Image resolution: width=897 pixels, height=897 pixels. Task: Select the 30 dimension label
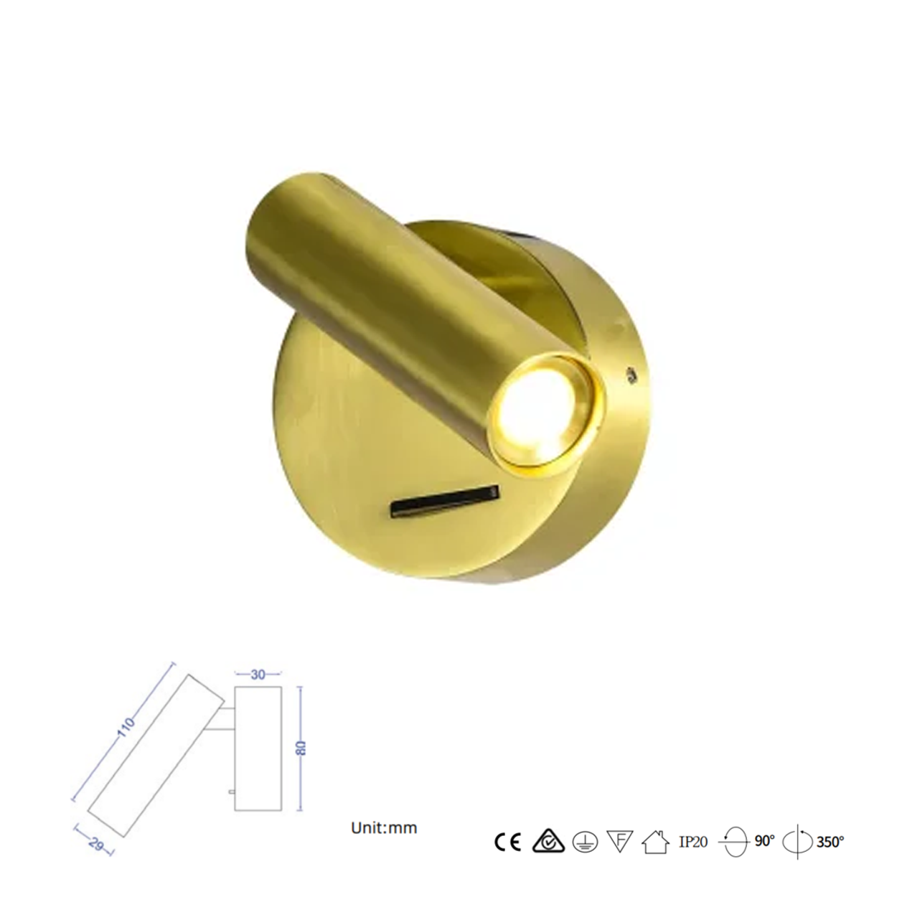258,674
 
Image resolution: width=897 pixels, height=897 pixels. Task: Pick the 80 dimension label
302,748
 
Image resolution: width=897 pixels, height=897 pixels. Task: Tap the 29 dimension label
94,842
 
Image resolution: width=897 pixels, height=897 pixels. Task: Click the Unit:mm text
384,827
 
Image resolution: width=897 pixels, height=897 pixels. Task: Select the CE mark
508,842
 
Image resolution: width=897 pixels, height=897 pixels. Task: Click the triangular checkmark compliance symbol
548,842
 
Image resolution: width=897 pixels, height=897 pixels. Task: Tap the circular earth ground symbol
585,842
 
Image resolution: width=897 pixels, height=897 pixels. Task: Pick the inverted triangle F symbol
619,841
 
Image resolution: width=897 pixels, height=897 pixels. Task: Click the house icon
655,842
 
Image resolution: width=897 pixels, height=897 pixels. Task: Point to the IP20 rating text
693,842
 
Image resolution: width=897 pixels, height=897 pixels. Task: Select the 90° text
765,841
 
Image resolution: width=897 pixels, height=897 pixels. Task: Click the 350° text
830,842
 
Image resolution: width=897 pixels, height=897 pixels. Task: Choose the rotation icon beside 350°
797,842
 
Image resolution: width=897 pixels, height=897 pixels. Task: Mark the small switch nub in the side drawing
230,792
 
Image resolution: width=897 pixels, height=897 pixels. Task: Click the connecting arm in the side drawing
224,720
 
